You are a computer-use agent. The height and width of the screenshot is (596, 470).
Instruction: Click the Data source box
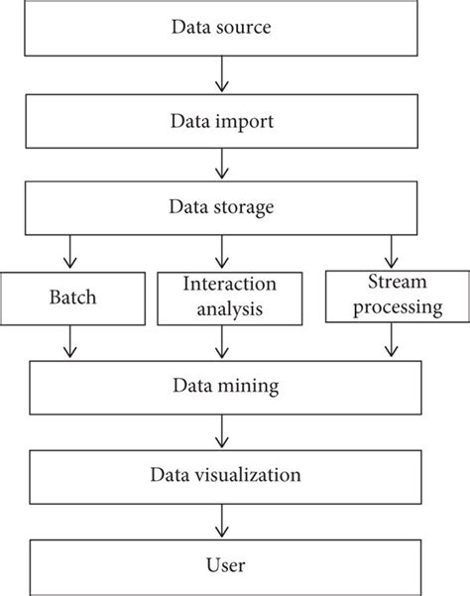click(221, 28)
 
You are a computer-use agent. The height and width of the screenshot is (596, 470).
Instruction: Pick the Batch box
click(70, 297)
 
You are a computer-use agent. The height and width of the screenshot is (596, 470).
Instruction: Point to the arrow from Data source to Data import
click(222, 72)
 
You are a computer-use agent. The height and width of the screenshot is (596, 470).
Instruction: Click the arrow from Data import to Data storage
click(222, 162)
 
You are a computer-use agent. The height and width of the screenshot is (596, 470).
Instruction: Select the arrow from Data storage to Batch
click(70, 251)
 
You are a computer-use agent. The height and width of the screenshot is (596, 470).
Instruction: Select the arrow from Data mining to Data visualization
click(222, 431)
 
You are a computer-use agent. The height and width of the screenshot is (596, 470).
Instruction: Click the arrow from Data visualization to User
click(222, 522)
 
